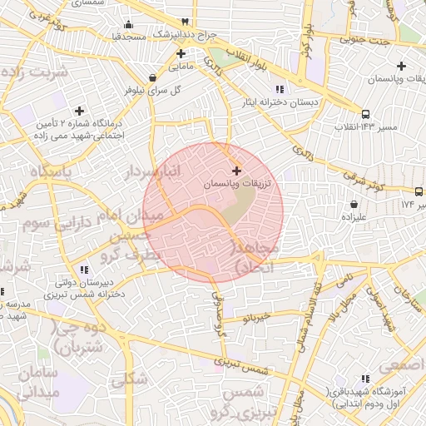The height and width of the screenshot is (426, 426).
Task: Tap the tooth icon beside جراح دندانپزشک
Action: coord(184,22)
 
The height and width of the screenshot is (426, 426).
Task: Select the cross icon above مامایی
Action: coord(180,52)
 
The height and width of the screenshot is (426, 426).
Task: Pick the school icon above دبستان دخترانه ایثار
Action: coord(280,88)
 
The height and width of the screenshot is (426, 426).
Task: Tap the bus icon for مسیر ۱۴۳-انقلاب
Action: coord(366,114)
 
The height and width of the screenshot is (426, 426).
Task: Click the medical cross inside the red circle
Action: coord(236,170)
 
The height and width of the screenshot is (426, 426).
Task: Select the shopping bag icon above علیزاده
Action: coord(354,204)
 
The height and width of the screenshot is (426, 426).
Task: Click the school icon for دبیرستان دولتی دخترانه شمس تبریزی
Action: coord(83,270)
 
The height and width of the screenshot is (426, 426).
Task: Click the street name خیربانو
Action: coord(257,316)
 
